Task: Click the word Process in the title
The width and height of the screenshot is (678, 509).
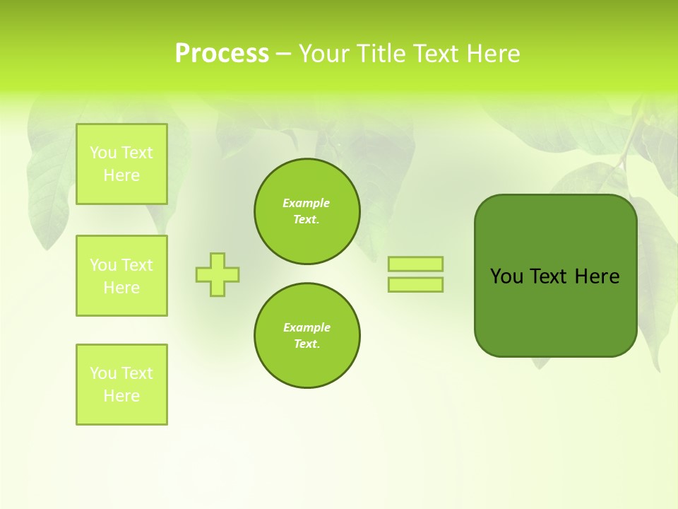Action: pos(222,54)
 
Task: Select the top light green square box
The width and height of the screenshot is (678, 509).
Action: pos(121,164)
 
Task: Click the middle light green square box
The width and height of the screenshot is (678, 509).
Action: pos(121,276)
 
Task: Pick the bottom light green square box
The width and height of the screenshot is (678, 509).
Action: pos(121,385)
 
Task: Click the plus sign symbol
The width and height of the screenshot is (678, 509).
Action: pos(218,274)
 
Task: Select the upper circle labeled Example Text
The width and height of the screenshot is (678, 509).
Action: pos(307,211)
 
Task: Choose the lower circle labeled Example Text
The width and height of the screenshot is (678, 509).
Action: pos(307,336)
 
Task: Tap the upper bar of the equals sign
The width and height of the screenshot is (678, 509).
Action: pos(415,264)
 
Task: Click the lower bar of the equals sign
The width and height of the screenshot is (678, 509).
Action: pos(415,284)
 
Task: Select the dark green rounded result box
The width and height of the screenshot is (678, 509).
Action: pos(555,311)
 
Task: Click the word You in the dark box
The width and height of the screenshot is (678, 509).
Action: pos(506,276)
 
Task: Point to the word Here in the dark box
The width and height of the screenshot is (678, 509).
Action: pos(597,276)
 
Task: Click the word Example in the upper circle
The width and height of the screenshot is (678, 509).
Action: pos(306,203)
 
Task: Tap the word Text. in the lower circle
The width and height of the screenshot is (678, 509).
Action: pos(307,344)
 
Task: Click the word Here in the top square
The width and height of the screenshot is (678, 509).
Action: pos(121,175)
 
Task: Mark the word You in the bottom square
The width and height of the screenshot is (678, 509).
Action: pos(103,373)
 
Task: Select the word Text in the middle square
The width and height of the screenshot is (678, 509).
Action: pos(137,265)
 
